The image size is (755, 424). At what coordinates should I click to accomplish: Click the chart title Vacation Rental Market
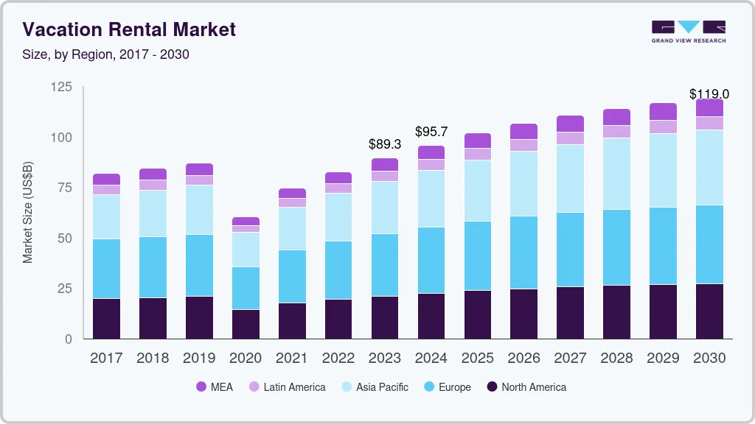[129, 29]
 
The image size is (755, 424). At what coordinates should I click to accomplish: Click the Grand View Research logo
[688, 31]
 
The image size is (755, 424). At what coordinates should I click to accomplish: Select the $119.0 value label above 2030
[709, 94]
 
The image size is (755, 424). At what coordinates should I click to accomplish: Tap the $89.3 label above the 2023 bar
[385, 145]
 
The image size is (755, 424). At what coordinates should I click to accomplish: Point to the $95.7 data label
[431, 132]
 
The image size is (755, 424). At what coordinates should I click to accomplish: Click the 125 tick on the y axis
[62, 88]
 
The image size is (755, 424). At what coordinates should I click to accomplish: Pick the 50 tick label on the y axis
[65, 239]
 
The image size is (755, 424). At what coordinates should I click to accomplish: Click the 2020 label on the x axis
[246, 358]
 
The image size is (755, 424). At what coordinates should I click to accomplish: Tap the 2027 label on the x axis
[570, 358]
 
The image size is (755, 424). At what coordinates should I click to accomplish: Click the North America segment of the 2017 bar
[107, 318]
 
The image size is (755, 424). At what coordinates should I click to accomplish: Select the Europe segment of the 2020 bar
[246, 288]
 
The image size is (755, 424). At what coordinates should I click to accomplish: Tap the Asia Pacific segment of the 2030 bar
[709, 167]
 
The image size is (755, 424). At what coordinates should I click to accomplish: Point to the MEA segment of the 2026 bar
[524, 131]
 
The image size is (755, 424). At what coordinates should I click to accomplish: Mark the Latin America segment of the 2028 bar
[616, 131]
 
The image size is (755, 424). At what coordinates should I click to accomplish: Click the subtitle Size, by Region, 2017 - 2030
[105, 54]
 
